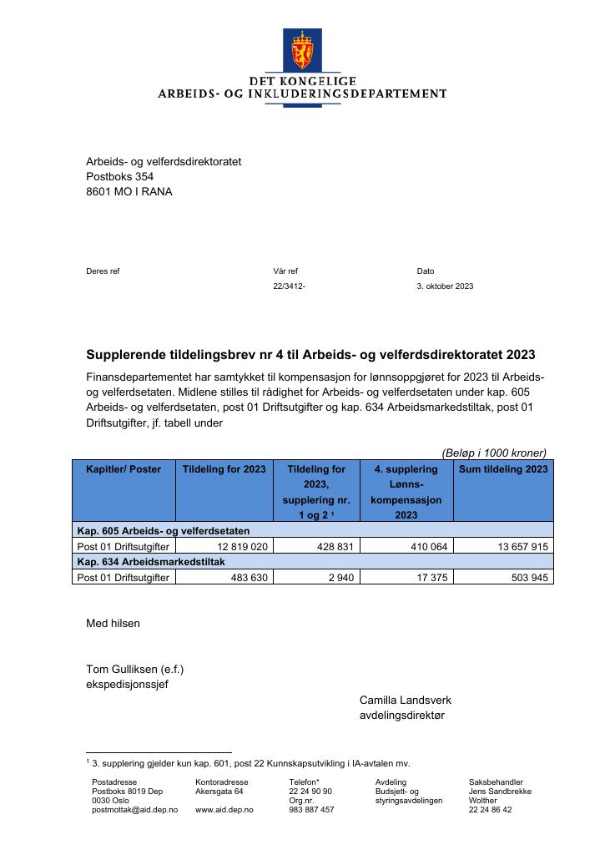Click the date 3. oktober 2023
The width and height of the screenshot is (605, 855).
pos(445,286)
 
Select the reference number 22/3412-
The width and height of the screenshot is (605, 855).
pos(289,286)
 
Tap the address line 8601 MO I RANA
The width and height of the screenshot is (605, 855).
pos(129,192)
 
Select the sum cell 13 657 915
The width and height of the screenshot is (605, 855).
pos(518,547)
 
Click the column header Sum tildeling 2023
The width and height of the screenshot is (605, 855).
pos(503,469)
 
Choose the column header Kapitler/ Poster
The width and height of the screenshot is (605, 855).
pos(124,469)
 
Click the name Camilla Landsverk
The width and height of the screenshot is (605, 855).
pos(405,701)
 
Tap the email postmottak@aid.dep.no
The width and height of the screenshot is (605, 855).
pos(134,810)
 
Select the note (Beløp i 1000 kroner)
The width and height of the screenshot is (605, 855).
pos(494,453)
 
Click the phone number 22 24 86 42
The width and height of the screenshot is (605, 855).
pos(490,810)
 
